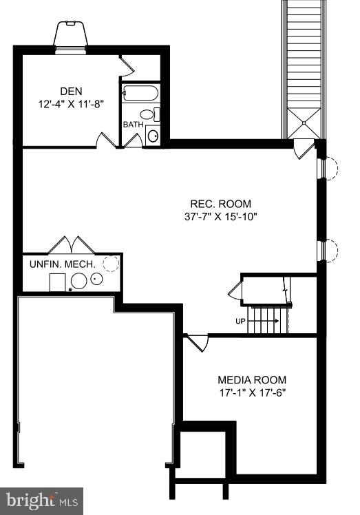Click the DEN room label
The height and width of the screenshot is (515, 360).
70,92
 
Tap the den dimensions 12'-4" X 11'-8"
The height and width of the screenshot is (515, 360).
71,105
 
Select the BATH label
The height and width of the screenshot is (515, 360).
133,125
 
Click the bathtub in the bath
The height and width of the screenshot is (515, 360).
140,94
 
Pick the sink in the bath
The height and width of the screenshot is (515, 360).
153,135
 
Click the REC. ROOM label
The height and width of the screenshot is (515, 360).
220,204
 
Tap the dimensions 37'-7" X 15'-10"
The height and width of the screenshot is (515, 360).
220,217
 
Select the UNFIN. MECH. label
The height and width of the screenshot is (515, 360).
62,264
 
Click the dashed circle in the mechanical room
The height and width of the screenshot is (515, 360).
110,262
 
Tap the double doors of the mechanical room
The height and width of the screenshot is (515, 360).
72,245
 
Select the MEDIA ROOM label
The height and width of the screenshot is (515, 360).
252,379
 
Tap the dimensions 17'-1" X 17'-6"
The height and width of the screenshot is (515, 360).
252,393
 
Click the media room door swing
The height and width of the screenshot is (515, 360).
198,342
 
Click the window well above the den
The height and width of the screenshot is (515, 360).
72,34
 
